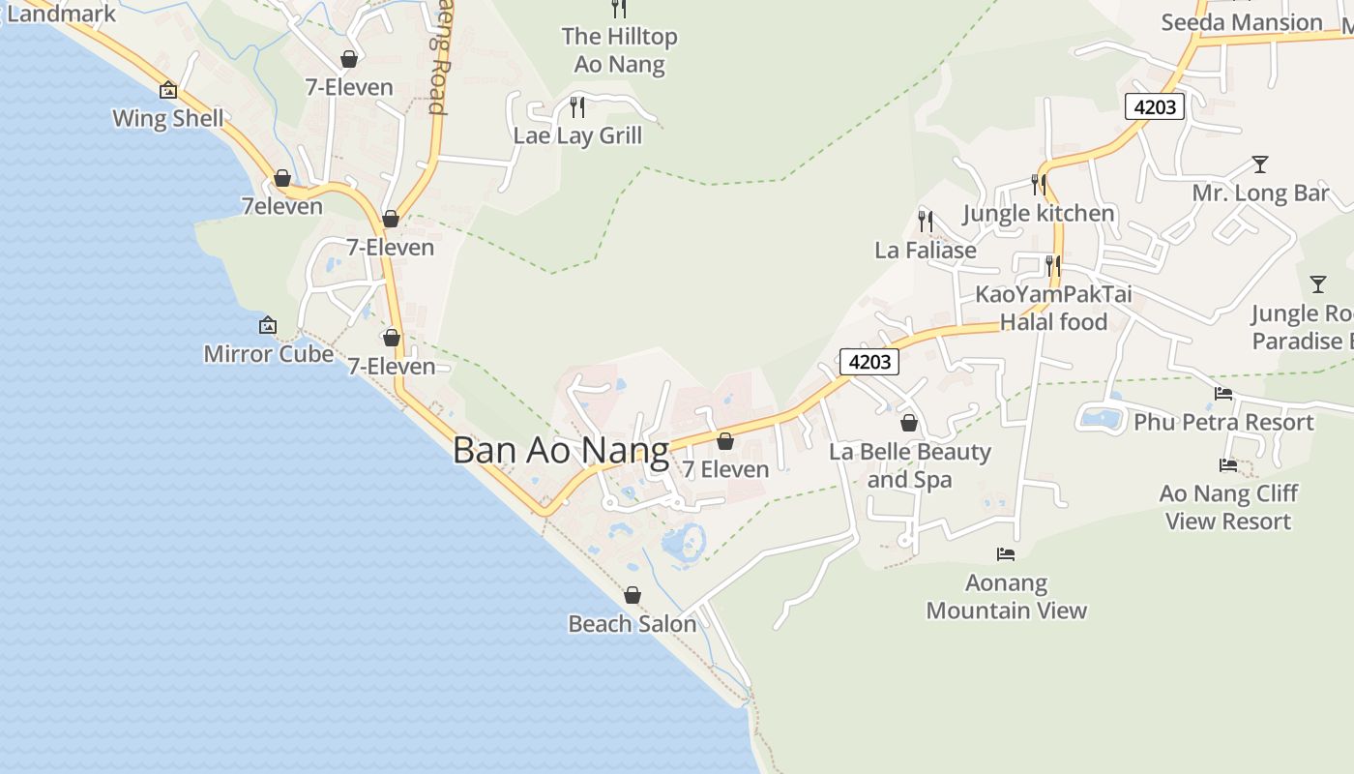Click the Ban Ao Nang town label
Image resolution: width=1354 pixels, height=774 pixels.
point(561,451)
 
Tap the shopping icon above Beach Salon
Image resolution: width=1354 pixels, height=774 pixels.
point(633,595)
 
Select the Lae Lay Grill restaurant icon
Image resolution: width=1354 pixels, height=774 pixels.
point(577,106)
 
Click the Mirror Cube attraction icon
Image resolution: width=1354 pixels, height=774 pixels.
point(268,326)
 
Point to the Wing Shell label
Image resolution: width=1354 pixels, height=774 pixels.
point(168,119)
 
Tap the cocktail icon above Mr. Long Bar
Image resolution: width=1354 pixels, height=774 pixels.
point(1259,164)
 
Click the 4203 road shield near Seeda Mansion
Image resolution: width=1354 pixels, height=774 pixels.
point(1155,106)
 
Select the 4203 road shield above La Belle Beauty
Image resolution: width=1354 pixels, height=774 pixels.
point(869,362)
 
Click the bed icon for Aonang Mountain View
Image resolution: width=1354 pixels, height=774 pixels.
point(1006,554)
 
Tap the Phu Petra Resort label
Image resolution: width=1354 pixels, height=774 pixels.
point(1223,423)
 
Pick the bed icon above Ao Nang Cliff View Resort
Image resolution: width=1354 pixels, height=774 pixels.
point(1228,465)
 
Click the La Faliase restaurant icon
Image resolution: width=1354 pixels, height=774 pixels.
point(926,222)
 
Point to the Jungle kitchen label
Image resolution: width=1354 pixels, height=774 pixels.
point(1039,213)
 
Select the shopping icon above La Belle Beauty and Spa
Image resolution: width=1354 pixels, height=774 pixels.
point(909,423)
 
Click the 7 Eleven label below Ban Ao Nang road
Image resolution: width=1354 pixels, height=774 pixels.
point(725,469)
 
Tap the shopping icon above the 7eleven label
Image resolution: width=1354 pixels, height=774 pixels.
point(282,179)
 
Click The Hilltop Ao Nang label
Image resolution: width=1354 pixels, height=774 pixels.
point(619,50)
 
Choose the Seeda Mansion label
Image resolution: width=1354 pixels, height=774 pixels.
point(1241,22)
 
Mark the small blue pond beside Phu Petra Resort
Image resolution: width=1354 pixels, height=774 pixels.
point(1101,419)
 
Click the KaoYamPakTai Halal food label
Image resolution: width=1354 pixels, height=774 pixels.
point(1053,308)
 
